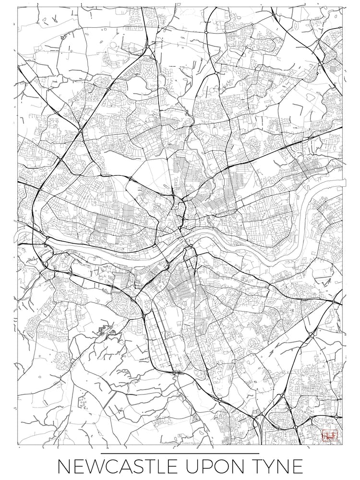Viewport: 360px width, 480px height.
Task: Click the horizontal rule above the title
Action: click(180, 453)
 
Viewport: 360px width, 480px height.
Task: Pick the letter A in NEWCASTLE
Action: click(126, 467)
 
